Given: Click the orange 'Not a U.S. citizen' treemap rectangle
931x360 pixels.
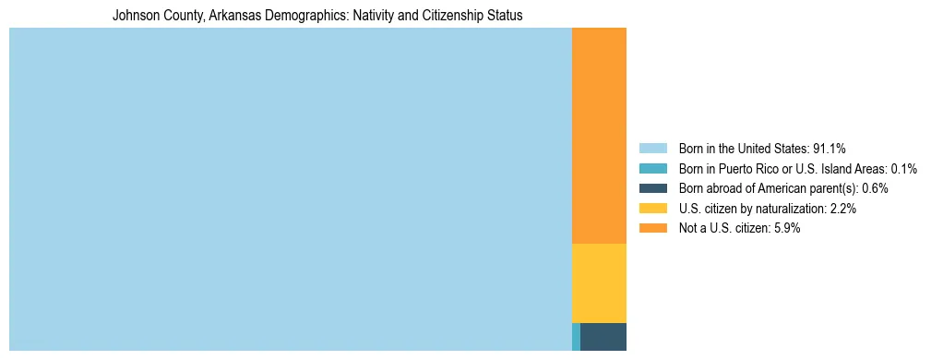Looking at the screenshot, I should (x=599, y=135).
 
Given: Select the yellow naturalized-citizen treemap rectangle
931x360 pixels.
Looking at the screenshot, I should (x=599, y=282).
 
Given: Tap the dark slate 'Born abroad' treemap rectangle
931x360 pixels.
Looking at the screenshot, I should (x=603, y=337).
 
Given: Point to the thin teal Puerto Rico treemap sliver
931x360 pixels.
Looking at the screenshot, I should (x=576, y=337).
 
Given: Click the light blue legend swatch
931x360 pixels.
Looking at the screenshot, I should (x=652, y=148).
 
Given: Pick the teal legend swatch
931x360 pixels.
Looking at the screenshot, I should (x=652, y=168).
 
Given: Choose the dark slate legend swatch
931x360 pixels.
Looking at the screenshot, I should (x=652, y=188).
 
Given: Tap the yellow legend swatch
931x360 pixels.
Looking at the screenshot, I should (x=652, y=209).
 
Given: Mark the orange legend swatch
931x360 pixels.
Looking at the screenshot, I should (x=652, y=228).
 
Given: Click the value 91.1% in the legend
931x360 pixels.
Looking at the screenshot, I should (x=830, y=148).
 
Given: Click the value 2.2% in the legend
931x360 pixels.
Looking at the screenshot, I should (x=843, y=209).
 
